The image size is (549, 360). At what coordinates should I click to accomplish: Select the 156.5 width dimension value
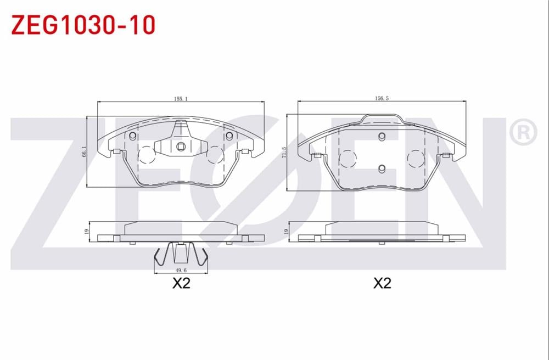click(x=381, y=99)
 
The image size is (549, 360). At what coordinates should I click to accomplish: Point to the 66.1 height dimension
click(x=84, y=152)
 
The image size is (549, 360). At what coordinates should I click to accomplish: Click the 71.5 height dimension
click(x=283, y=151)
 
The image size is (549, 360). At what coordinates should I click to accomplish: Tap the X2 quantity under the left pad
click(x=181, y=284)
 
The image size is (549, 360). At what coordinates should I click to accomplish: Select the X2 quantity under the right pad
click(x=382, y=284)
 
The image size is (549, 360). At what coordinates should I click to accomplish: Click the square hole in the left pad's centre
click(x=181, y=147)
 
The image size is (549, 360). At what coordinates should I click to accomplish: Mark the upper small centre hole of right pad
click(x=383, y=137)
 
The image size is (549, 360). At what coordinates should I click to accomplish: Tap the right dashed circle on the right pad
click(x=417, y=159)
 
